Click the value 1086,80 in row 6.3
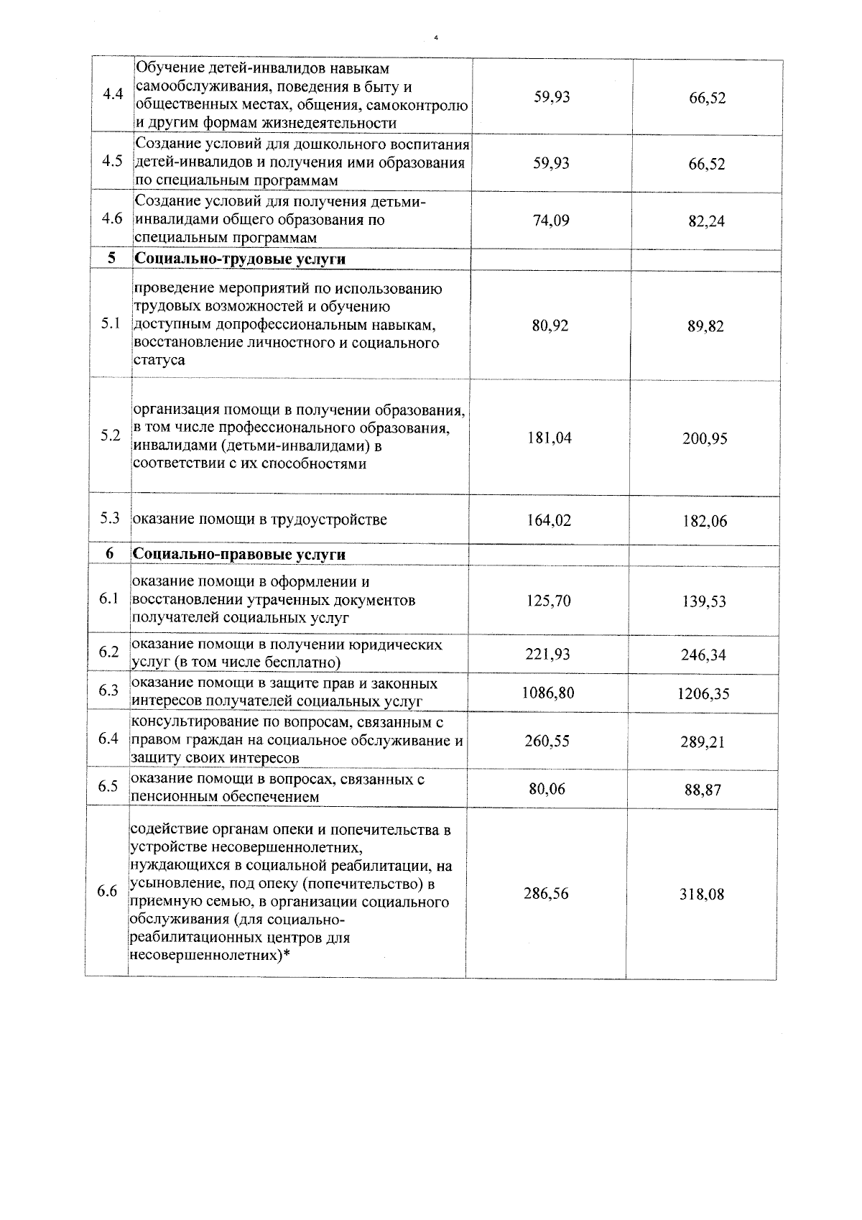tap(548, 693)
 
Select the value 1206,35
tap(703, 694)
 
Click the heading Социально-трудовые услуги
tap(241, 259)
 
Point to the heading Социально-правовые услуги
tap(239, 555)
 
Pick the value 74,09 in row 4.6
tap(551, 221)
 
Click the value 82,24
tap(707, 221)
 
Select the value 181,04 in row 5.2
tap(550, 438)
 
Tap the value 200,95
tap(705, 438)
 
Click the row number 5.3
tap(110, 519)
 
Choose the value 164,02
tap(549, 520)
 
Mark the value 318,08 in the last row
tap(702, 895)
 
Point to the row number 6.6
tap(107, 892)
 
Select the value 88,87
tap(703, 790)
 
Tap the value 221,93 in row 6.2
tap(548, 654)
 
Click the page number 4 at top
tap(436, 37)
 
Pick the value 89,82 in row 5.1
tap(705, 326)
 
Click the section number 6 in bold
tap(109, 554)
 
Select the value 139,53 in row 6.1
tap(704, 601)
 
